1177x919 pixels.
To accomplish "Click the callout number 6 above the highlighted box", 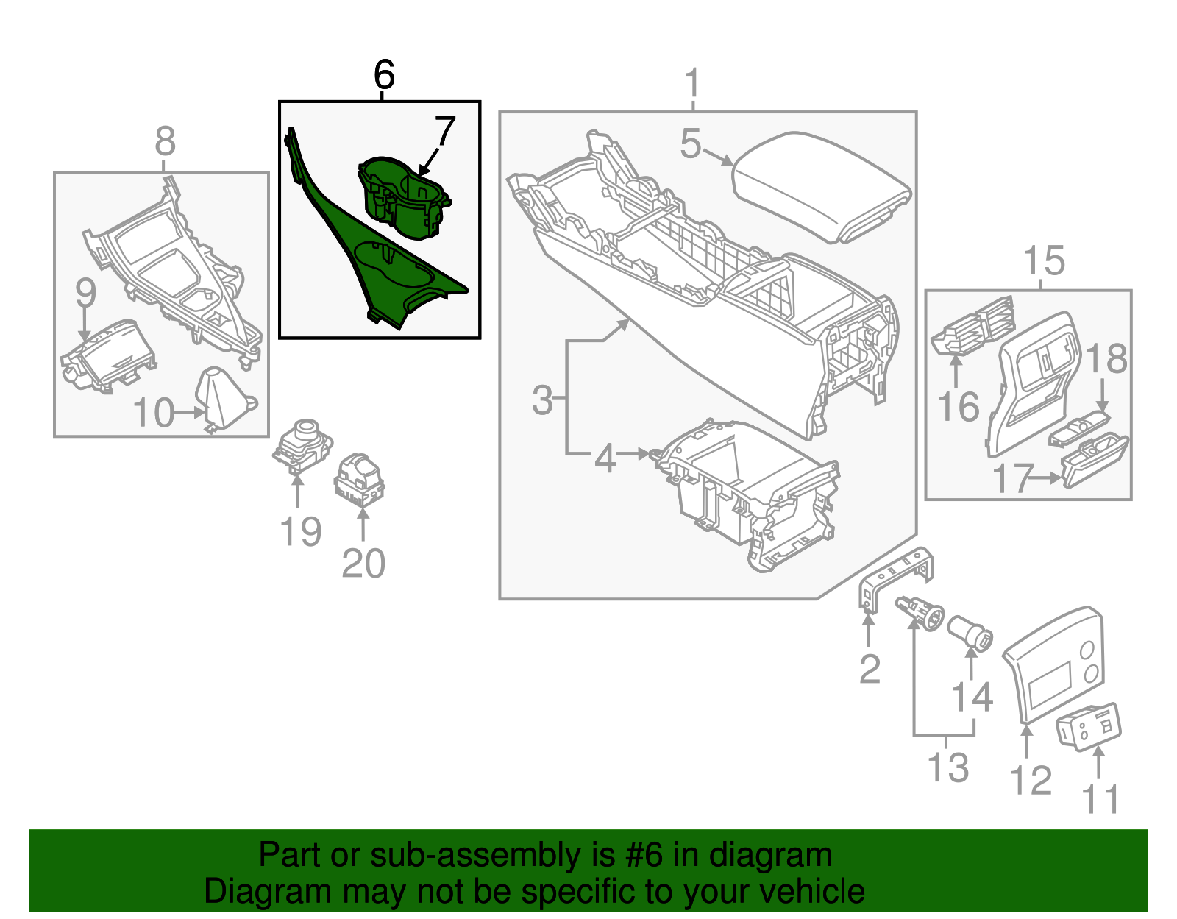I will pyautogui.click(x=384, y=75).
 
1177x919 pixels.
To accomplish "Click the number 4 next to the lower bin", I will pyautogui.click(x=605, y=458).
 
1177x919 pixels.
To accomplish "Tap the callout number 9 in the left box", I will pyautogui.click(x=85, y=293).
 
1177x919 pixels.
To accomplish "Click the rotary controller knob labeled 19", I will pyautogui.click(x=303, y=443).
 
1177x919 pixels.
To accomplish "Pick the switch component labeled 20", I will pyautogui.click(x=359, y=478).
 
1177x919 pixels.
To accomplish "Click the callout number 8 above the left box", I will pyautogui.click(x=166, y=141).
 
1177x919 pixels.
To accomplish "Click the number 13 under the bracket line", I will pyautogui.click(x=948, y=767).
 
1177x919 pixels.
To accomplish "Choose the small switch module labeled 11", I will pyautogui.click(x=1089, y=726).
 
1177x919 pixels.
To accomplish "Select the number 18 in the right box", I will pyautogui.click(x=1106, y=359).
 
